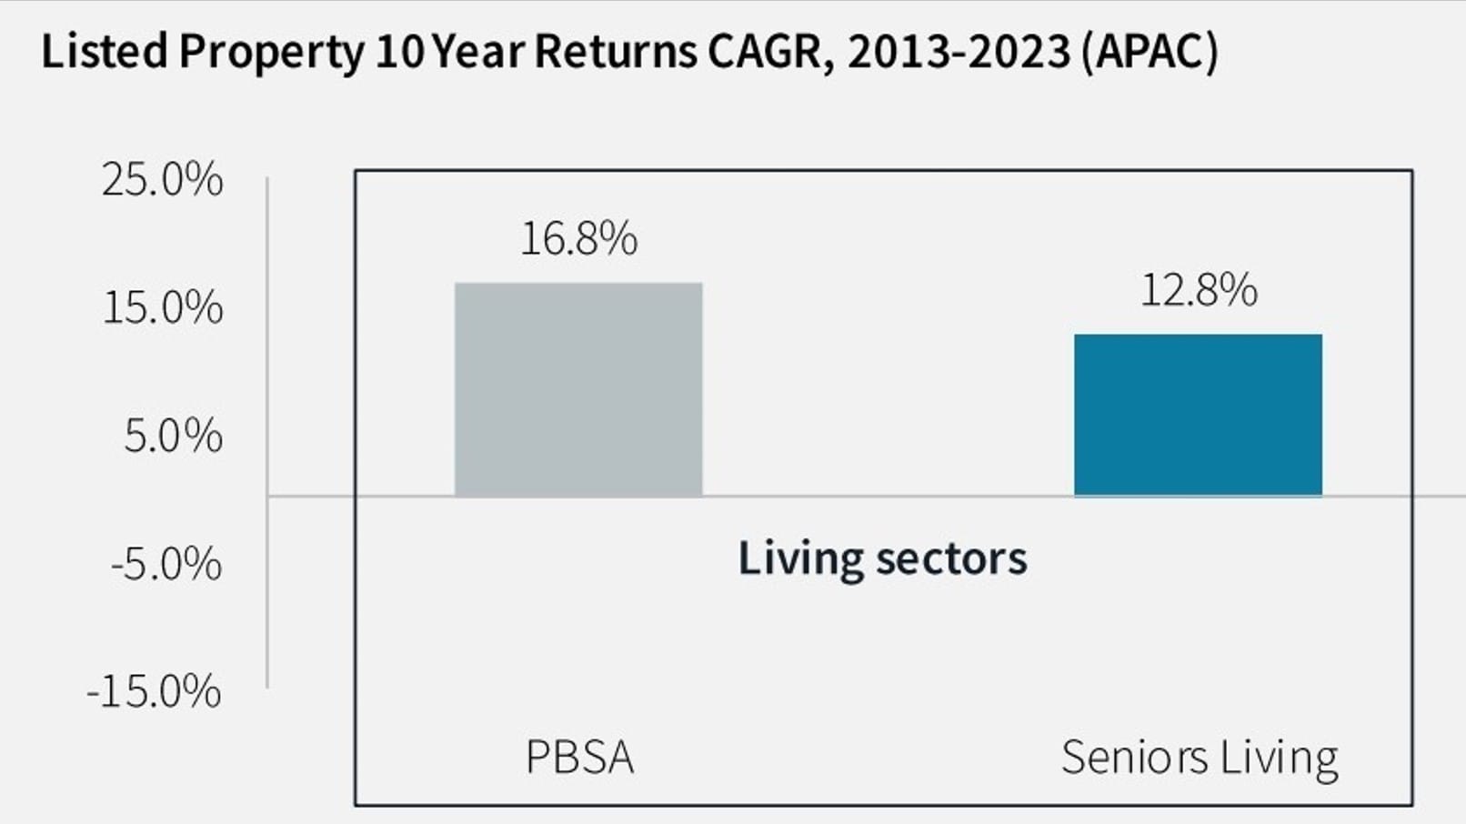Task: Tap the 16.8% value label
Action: point(578,239)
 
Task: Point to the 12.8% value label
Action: point(1198,291)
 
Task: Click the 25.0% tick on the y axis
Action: point(162,180)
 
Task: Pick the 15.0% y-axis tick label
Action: point(162,308)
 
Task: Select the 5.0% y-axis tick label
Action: point(173,437)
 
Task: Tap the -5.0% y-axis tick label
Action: point(166,565)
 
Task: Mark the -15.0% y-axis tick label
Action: point(154,692)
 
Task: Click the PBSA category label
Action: point(579,758)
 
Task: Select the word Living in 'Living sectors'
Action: point(799,559)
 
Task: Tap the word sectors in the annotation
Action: point(951,559)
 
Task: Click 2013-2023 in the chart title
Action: point(959,51)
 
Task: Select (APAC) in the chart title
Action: point(1150,51)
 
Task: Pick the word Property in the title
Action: point(270,53)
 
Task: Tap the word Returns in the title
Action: point(615,51)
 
